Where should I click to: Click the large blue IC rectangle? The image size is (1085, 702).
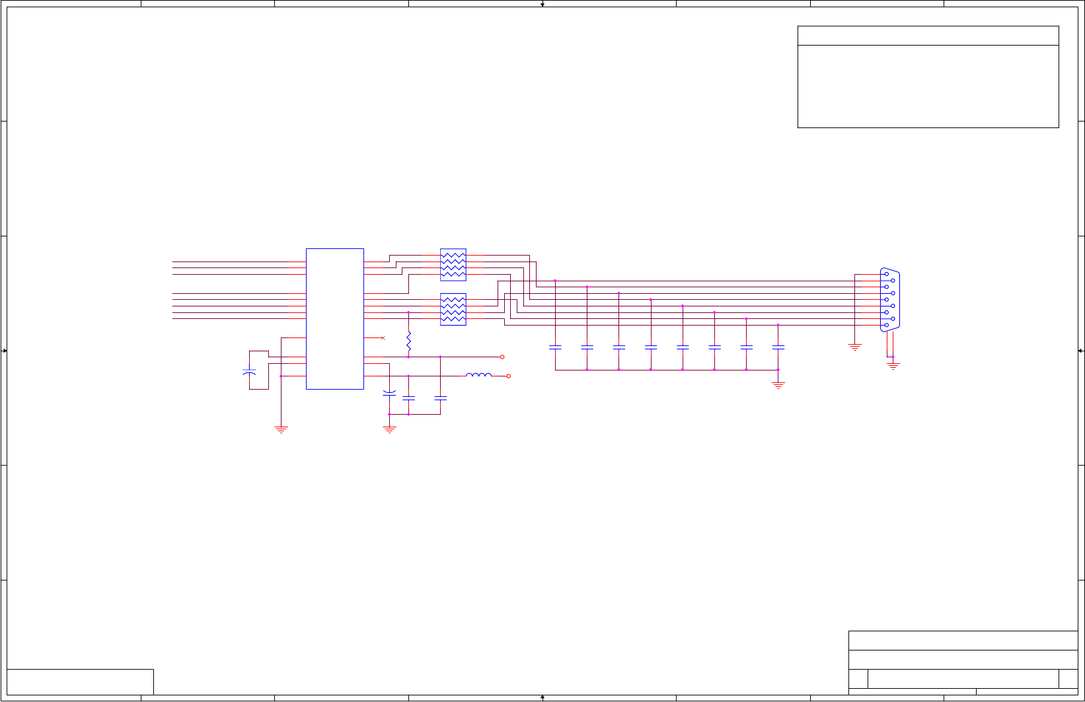point(334,318)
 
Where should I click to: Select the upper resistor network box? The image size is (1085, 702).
point(453,265)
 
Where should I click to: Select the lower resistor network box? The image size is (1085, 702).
point(453,309)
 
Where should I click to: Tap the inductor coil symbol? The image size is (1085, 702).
point(478,375)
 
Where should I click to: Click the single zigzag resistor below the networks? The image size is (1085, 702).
point(408,341)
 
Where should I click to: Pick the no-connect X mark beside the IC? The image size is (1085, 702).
point(383,338)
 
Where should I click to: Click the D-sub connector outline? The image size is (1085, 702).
point(890,300)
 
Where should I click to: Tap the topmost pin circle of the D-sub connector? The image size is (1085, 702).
point(887,274)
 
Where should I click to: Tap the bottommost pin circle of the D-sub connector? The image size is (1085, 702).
point(887,325)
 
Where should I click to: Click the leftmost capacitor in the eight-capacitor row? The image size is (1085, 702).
point(555,347)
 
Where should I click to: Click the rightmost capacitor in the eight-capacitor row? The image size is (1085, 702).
point(778,347)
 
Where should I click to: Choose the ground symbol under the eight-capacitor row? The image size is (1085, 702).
point(778,385)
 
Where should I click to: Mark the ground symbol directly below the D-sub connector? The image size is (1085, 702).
point(893,365)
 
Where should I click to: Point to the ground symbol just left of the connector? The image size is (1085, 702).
point(855,347)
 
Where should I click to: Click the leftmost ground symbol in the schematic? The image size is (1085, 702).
point(281,429)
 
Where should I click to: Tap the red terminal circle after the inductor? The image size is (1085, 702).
point(508,376)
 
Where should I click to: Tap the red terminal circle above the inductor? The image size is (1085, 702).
point(502,357)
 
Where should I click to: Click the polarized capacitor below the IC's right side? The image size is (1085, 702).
point(389,394)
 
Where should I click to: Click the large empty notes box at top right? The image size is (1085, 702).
point(928,86)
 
